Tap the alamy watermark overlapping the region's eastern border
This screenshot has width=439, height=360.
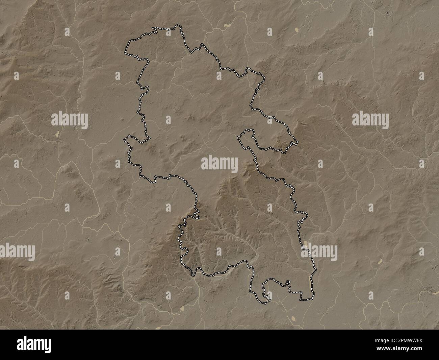point(319,251)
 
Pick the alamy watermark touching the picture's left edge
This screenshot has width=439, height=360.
point(17,251)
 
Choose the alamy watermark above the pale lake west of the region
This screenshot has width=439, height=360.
point(70,120)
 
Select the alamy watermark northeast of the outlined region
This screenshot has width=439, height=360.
point(370,120)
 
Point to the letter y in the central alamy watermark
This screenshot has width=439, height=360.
point(234,164)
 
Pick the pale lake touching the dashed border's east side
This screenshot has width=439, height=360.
point(306,244)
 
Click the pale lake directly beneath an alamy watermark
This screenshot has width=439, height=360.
point(57,134)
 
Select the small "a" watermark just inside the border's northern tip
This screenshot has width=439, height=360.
point(168,31)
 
